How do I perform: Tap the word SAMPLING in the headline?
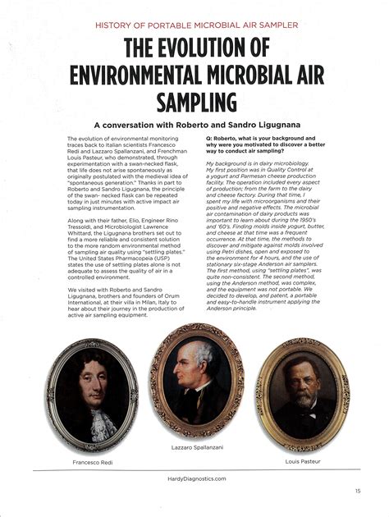194,102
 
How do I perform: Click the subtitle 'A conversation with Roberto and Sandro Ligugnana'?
194,125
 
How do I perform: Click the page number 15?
358,491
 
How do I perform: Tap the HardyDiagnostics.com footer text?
194,478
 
